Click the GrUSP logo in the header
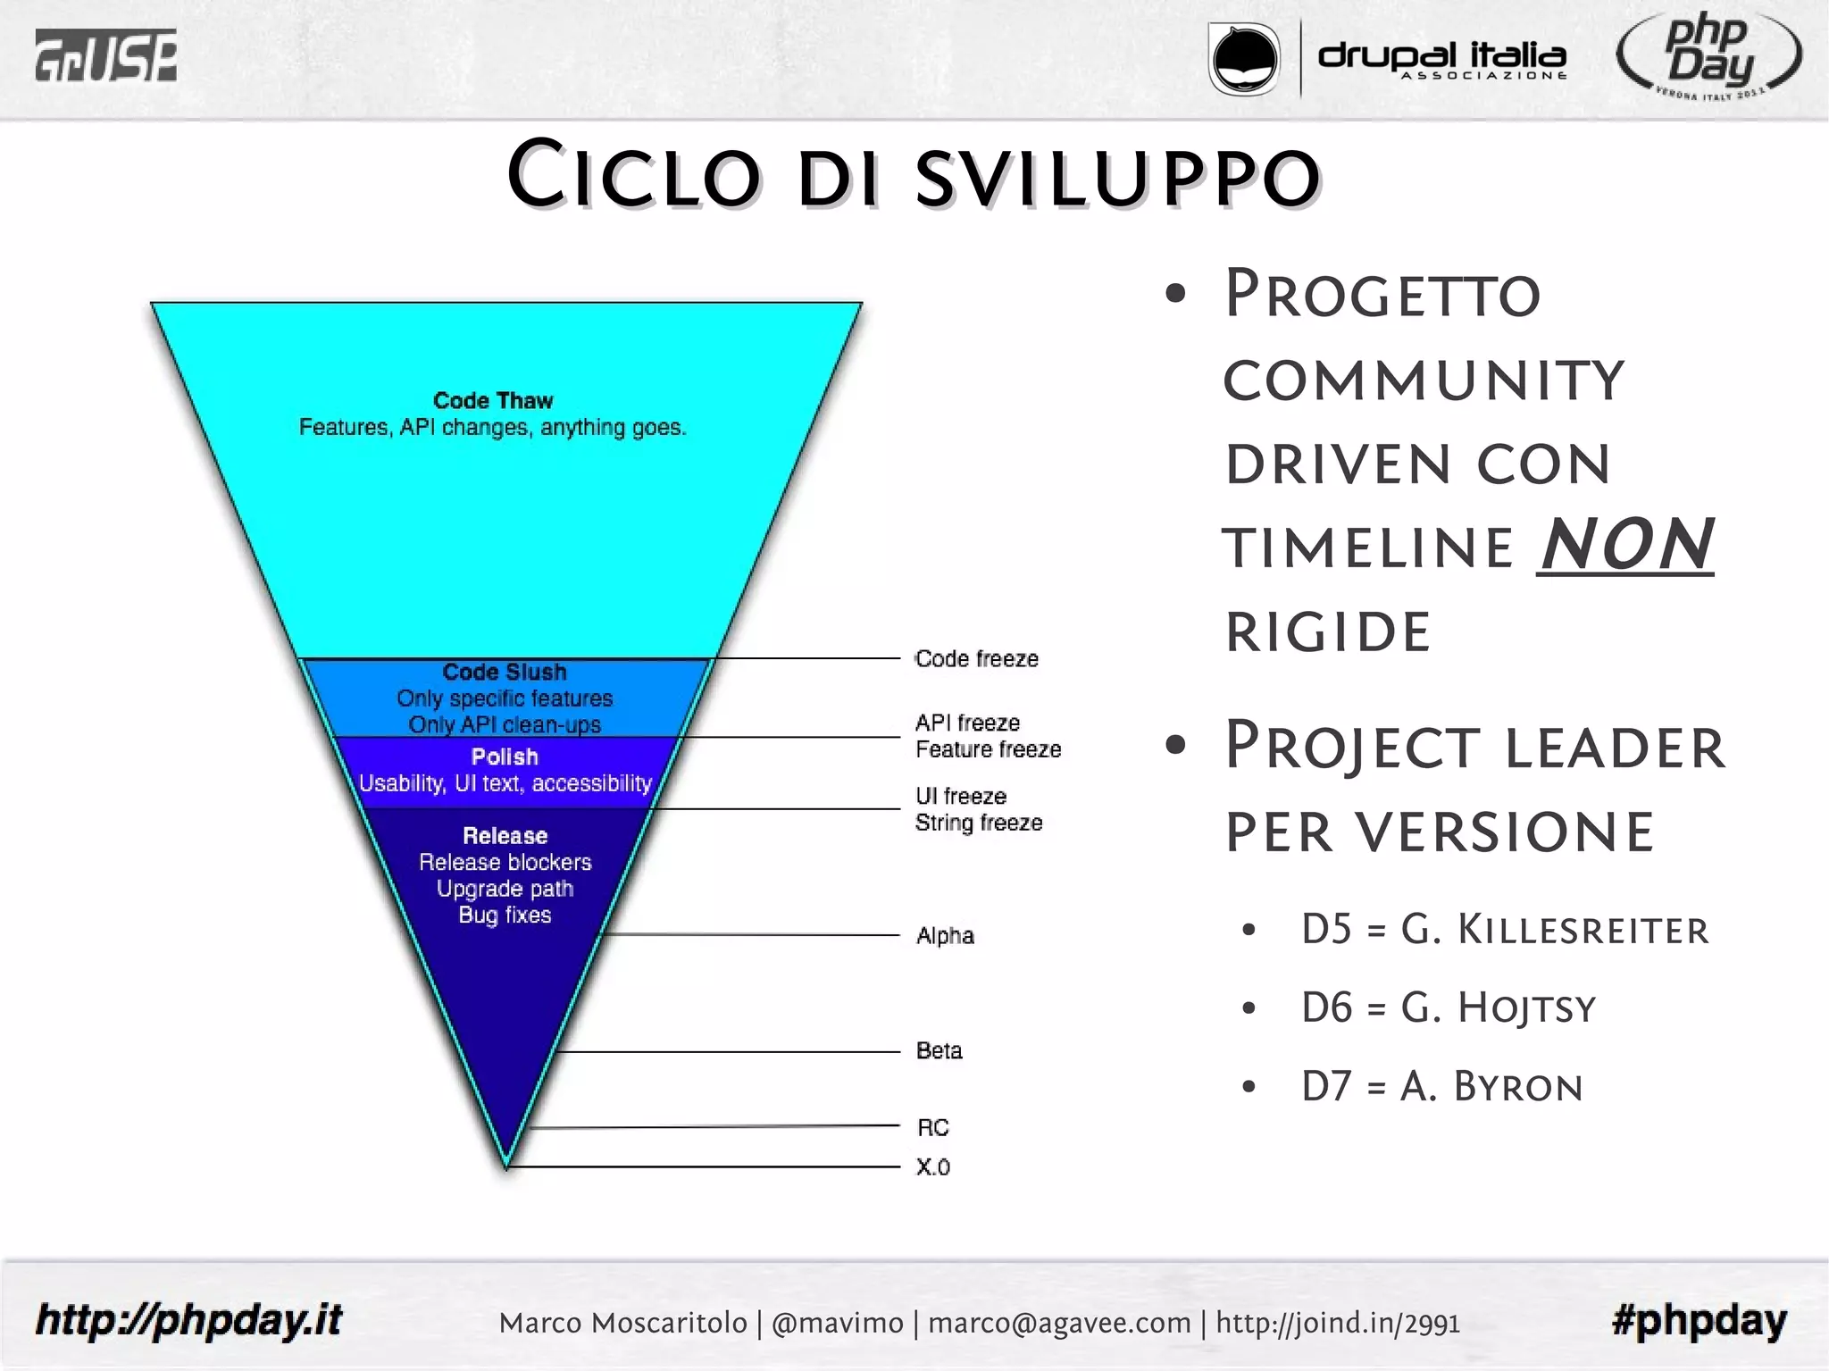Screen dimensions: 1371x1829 105,55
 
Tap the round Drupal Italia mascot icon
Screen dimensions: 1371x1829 1243,59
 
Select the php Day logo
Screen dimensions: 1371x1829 1708,55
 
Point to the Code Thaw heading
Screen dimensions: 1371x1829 493,400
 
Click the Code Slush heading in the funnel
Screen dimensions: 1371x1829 505,672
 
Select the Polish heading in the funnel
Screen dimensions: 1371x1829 505,757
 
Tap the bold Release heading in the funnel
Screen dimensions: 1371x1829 505,836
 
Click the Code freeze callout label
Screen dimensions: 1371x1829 977,659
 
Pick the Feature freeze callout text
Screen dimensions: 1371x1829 988,749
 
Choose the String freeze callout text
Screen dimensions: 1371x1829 979,823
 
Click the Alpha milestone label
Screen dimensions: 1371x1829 945,936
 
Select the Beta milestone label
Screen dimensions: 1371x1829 940,1050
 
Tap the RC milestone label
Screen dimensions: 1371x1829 932,1128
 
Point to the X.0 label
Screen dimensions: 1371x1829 932,1167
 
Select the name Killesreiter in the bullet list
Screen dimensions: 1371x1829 1583,930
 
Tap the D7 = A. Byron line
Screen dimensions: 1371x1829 1441,1087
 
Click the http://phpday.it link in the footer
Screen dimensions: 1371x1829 188,1320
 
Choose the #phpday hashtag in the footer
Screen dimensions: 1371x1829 1699,1320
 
